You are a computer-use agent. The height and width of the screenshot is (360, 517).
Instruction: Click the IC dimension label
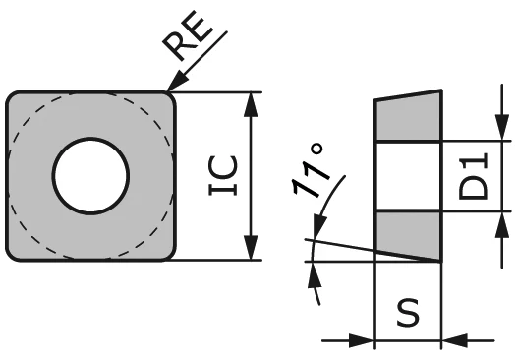[224, 177]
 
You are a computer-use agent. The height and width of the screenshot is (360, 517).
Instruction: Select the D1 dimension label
[476, 177]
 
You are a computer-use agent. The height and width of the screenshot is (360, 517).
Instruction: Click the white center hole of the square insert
[91, 177]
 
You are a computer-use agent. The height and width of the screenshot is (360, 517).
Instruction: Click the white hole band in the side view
[408, 177]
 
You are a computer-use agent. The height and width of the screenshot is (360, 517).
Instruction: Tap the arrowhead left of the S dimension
[366, 341]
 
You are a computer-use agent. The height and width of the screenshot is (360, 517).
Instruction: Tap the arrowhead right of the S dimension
[451, 341]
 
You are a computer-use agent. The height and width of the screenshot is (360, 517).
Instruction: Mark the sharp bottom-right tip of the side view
[439, 261]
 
